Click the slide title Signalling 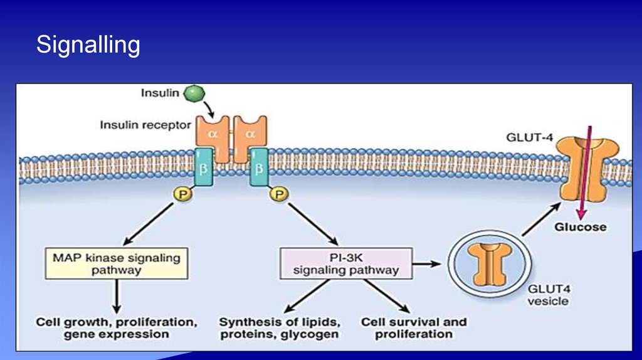(88, 45)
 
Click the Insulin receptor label (145, 125)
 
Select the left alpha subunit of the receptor (213, 133)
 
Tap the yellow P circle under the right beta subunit (278, 195)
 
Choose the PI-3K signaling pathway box (345, 263)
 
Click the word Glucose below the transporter (580, 226)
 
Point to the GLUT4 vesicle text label (547, 295)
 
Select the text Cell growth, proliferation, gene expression (116, 328)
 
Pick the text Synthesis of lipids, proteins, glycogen (280, 328)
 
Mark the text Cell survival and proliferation (414, 328)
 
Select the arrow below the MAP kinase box (117, 296)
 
